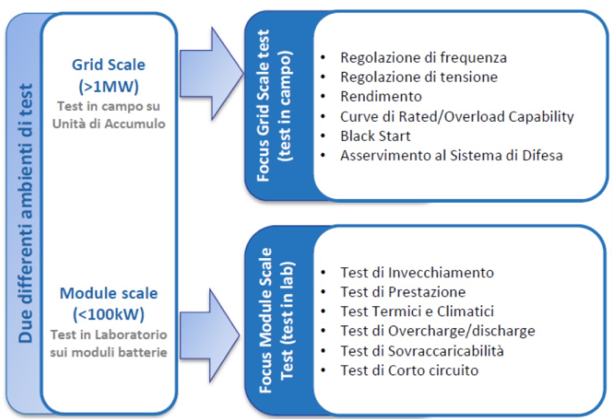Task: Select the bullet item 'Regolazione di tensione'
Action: [419, 76]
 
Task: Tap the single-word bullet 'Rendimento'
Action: [381, 96]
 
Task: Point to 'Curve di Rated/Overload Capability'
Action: [457, 116]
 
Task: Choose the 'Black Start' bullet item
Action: [374, 136]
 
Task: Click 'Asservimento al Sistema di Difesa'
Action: [450, 155]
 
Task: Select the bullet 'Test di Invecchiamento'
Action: [416, 272]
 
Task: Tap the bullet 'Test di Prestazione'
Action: [403, 291]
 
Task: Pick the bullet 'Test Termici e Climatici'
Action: [417, 311]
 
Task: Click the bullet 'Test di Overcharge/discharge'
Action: [437, 330]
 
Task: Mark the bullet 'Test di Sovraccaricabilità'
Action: [426, 350]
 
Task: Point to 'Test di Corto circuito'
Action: [409, 370]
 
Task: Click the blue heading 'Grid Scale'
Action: [108, 64]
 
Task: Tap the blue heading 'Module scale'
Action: [108, 294]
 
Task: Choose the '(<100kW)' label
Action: [108, 314]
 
